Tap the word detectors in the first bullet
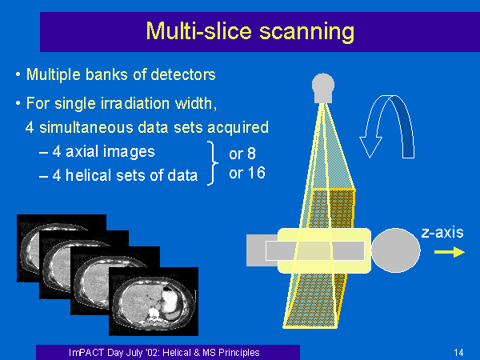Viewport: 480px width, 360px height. (x=183, y=74)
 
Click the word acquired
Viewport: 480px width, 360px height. (x=238, y=128)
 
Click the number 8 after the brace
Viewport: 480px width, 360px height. (x=251, y=154)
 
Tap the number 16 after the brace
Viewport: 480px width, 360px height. (x=256, y=173)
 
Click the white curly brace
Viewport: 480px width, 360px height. (x=213, y=163)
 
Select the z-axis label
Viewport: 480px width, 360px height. (x=442, y=233)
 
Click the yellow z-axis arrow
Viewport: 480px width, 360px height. (x=450, y=252)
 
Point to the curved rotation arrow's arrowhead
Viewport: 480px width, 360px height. (x=370, y=147)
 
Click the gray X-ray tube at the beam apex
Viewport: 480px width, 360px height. (x=323, y=88)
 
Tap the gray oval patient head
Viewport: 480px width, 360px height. (x=396, y=250)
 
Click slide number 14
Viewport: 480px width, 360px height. (x=458, y=353)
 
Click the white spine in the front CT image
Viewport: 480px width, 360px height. (x=153, y=314)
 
